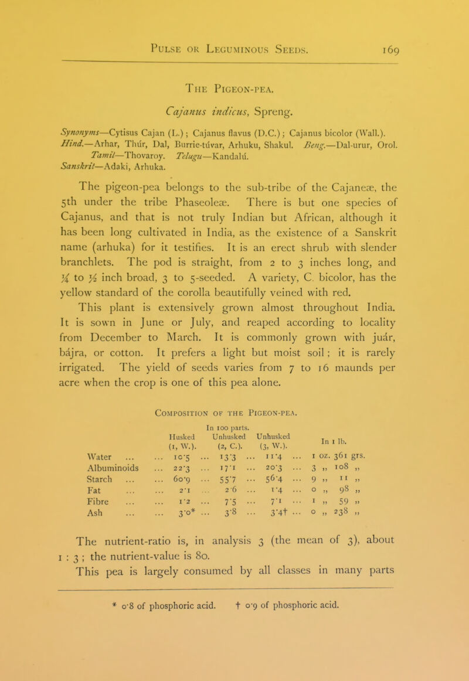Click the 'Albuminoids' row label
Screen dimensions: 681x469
pos(77,471)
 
